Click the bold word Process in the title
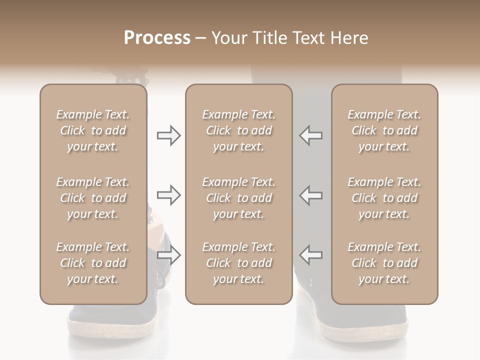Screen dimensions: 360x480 (x=157, y=38)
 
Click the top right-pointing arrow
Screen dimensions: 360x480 (x=169, y=135)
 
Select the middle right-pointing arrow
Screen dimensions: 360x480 (x=169, y=195)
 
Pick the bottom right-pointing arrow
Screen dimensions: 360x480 (x=169, y=255)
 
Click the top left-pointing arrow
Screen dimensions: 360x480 (x=310, y=135)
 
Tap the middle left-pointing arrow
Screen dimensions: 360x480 (x=310, y=195)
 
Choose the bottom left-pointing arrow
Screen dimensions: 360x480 (x=310, y=255)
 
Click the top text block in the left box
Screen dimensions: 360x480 (x=93, y=130)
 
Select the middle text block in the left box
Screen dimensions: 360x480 (x=93, y=198)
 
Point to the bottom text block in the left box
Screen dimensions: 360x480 (x=93, y=263)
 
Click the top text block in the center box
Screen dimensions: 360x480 (x=239, y=130)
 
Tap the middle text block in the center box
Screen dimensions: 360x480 (x=239, y=198)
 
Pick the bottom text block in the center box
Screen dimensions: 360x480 (x=239, y=263)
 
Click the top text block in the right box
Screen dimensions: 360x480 (x=384, y=130)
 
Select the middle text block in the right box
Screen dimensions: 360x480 (x=384, y=198)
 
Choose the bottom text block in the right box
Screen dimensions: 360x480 (x=384, y=263)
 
